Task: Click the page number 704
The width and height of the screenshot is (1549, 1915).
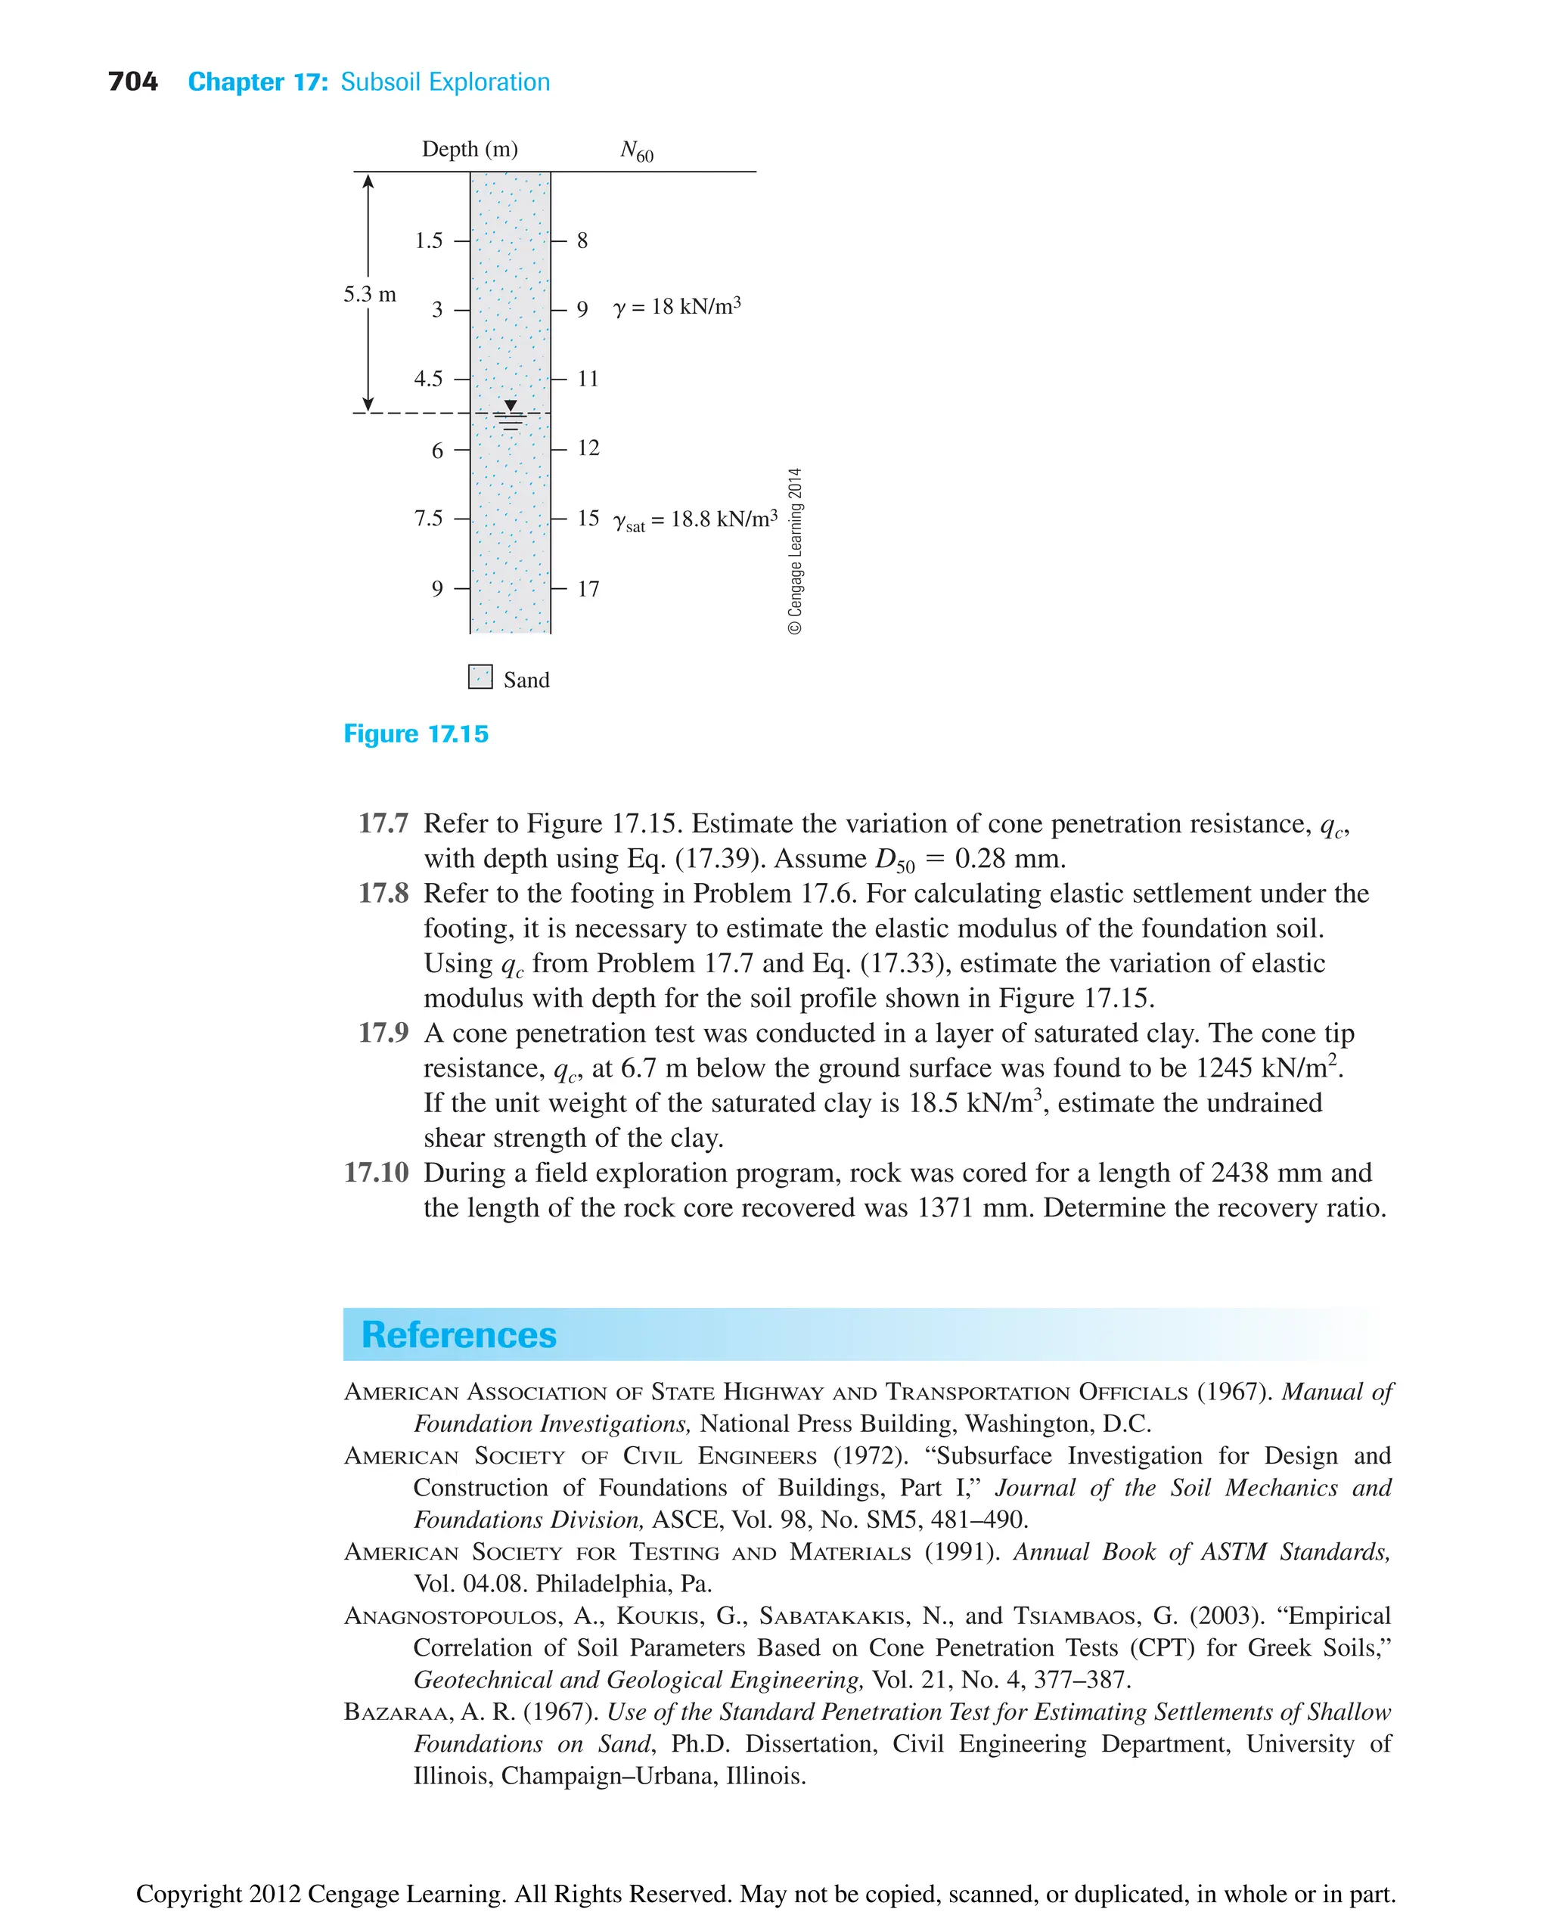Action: coord(132,82)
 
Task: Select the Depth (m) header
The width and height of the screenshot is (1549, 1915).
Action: coord(470,149)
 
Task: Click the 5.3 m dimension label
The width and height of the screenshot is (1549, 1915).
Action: coord(369,294)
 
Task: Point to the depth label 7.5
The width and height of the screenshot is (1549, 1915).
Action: coord(428,518)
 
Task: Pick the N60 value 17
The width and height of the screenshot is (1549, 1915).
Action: coord(588,589)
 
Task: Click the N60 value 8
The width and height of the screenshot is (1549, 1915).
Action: coord(582,241)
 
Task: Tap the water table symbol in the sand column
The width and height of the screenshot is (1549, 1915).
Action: coord(511,416)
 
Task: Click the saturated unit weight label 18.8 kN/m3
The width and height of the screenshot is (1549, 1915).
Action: coord(696,520)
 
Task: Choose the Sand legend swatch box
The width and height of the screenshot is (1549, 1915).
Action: coord(480,676)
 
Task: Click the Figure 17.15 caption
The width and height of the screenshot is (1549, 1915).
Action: coord(416,734)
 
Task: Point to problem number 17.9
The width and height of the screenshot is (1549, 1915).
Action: coord(383,1033)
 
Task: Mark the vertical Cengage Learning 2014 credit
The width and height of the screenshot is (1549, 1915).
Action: coord(795,550)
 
